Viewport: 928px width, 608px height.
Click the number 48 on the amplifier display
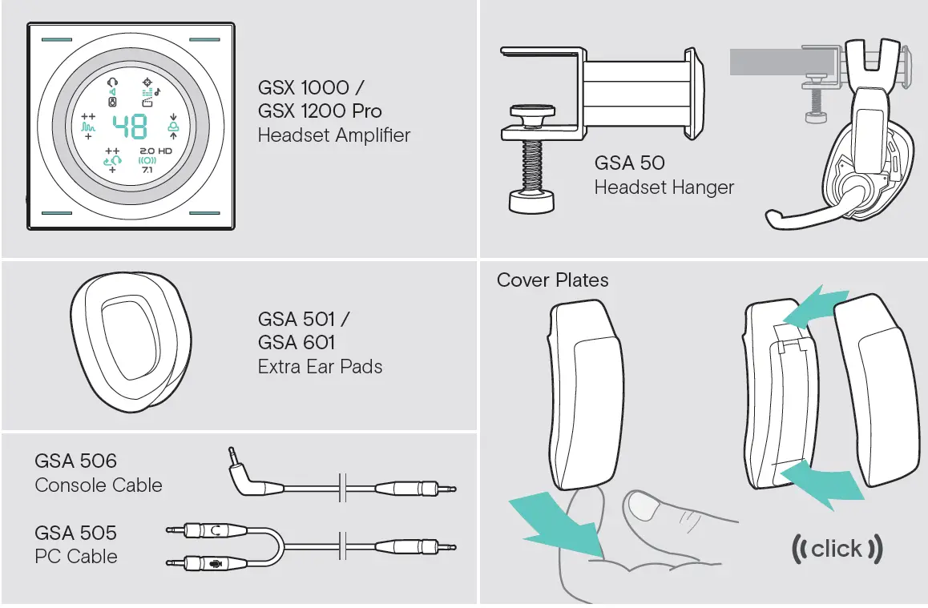129,127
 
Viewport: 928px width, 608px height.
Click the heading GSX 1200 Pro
320,111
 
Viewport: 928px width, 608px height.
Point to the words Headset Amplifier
333,135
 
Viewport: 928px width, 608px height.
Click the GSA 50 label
629,163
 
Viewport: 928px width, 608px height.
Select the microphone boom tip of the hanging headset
773,218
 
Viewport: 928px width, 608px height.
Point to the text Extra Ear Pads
320,367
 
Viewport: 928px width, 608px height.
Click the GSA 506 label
75,461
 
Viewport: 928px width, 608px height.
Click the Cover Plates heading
552,280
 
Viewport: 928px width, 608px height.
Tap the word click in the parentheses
836,549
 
